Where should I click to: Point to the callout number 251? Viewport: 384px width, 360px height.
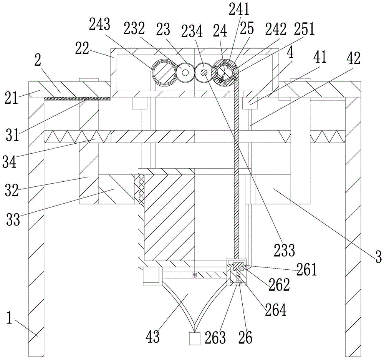(305, 29)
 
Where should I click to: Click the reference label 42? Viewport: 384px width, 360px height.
(353, 59)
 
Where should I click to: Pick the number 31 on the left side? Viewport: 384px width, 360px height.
(13, 134)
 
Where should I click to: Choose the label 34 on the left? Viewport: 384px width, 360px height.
(10, 162)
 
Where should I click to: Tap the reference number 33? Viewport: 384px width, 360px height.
(13, 219)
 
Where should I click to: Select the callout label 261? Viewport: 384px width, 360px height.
(307, 270)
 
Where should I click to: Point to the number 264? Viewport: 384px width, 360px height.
(276, 310)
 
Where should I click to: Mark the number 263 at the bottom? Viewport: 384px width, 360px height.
(215, 337)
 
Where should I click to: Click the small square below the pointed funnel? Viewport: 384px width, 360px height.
(195, 339)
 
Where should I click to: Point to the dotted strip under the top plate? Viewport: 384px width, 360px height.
(77, 98)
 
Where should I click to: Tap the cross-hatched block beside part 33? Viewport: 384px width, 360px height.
(139, 189)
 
